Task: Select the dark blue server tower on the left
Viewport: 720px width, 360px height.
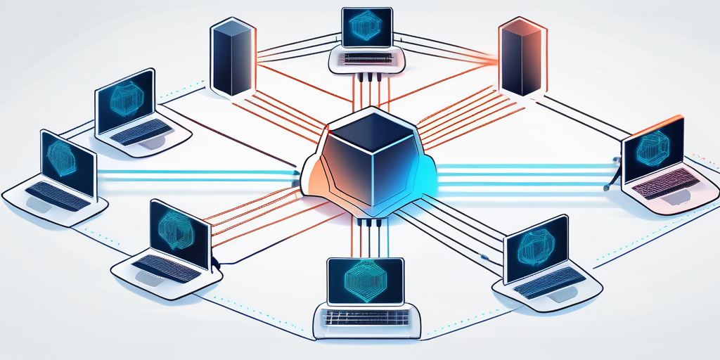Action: (230, 60)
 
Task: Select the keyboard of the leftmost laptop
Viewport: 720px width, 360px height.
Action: (58, 195)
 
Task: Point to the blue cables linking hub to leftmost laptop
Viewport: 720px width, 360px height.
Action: (197, 175)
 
